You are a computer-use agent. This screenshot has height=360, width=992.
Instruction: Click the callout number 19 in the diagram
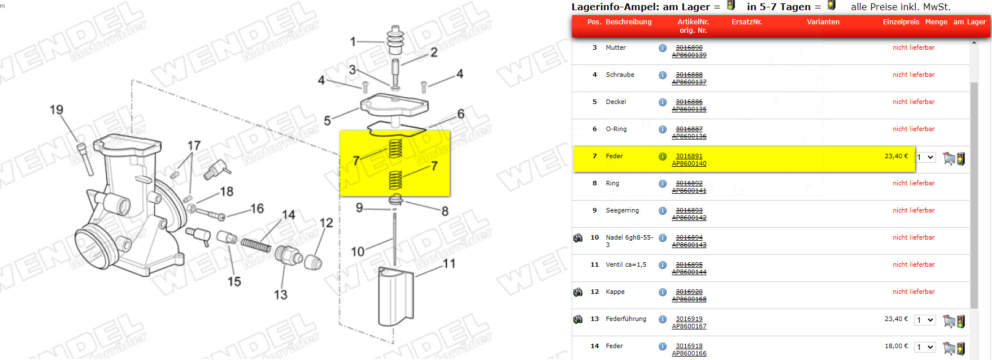(x=56, y=110)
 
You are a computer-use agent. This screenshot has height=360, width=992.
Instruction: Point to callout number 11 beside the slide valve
(x=449, y=263)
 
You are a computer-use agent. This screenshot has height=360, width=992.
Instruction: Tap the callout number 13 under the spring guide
(x=281, y=294)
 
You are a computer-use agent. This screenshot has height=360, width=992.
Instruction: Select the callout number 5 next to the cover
(x=327, y=121)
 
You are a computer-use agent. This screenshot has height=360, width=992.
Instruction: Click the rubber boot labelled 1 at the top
(x=395, y=40)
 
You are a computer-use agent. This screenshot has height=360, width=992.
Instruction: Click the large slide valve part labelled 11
(x=395, y=297)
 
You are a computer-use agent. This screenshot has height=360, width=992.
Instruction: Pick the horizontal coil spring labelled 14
(x=256, y=245)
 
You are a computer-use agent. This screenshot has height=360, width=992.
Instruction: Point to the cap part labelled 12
(x=313, y=262)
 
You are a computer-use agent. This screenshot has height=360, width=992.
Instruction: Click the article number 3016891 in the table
(x=689, y=156)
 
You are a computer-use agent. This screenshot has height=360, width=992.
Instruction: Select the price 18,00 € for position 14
(x=897, y=346)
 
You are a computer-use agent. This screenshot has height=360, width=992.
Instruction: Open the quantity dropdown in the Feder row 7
(x=925, y=157)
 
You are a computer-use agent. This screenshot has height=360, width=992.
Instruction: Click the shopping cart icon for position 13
(x=949, y=321)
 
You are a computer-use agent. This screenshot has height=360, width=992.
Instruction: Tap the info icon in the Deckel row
(x=663, y=102)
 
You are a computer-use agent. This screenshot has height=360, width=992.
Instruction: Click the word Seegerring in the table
(x=623, y=210)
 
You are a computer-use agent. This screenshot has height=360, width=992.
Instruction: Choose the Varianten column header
(x=823, y=22)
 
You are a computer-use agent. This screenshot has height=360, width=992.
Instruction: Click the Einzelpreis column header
(x=901, y=22)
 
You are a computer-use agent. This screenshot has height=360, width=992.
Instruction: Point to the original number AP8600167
(x=689, y=326)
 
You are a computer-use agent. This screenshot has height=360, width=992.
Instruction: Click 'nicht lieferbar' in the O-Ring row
(x=913, y=129)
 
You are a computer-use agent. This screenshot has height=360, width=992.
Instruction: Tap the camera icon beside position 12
(x=578, y=292)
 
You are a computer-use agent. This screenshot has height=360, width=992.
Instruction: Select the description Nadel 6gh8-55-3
(x=629, y=241)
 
